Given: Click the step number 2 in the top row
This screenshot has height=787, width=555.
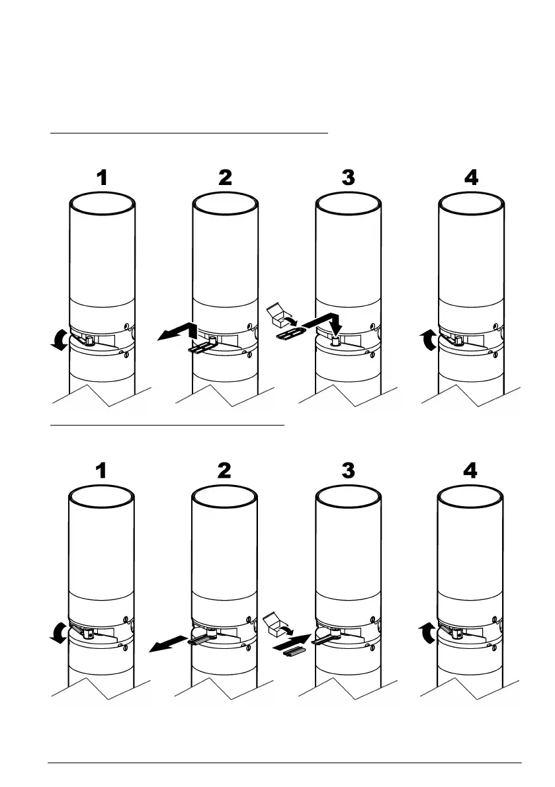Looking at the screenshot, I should (225, 178).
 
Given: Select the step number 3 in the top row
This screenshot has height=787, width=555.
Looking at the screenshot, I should (348, 178).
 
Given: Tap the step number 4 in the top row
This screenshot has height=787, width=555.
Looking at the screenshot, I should (471, 178).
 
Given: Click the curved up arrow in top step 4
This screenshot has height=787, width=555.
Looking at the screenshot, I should (429, 340).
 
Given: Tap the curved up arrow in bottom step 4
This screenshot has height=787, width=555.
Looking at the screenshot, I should (429, 632).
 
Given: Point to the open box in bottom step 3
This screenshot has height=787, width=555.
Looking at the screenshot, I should (274, 622).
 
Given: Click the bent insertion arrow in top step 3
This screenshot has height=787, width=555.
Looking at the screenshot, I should (322, 321).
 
